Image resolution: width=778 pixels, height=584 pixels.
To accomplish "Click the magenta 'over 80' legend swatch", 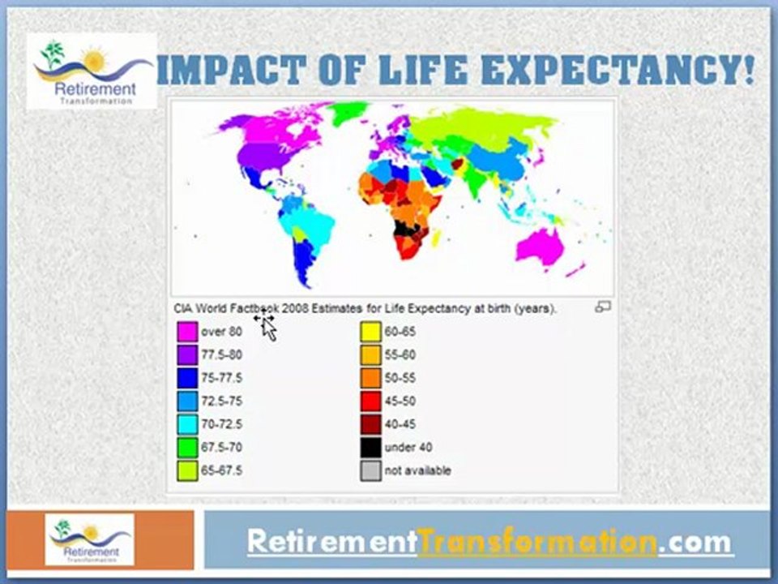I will pyautogui.click(x=187, y=332).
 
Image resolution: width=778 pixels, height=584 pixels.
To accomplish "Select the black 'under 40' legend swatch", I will pyautogui.click(x=370, y=447).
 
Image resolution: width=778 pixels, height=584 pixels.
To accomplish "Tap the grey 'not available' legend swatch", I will pyautogui.click(x=370, y=470).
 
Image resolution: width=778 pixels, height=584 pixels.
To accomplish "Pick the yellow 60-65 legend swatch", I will pyautogui.click(x=370, y=332).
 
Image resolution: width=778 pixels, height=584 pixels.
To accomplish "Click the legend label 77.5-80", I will pyautogui.click(x=221, y=354).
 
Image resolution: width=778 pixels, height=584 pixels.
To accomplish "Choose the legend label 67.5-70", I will pyautogui.click(x=221, y=447).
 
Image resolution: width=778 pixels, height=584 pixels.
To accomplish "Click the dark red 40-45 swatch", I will pyautogui.click(x=370, y=424).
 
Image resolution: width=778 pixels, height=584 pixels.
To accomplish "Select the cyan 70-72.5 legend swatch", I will pyautogui.click(x=187, y=424).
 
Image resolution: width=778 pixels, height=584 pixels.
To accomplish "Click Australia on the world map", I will pyautogui.click(x=540, y=246).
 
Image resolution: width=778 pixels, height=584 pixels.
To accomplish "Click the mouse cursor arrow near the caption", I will pyautogui.click(x=267, y=326).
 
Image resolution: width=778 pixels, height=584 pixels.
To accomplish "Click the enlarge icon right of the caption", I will pyautogui.click(x=602, y=307).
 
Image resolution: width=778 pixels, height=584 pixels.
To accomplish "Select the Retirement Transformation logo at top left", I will pyautogui.click(x=92, y=71).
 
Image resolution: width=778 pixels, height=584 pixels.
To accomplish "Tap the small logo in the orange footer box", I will pyautogui.click(x=89, y=539).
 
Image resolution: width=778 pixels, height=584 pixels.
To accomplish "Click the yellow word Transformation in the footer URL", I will pyautogui.click(x=536, y=541).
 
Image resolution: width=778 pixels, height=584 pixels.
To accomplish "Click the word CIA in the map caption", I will pyautogui.click(x=182, y=308).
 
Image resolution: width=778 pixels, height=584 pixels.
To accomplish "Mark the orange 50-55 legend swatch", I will pyautogui.click(x=370, y=378).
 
